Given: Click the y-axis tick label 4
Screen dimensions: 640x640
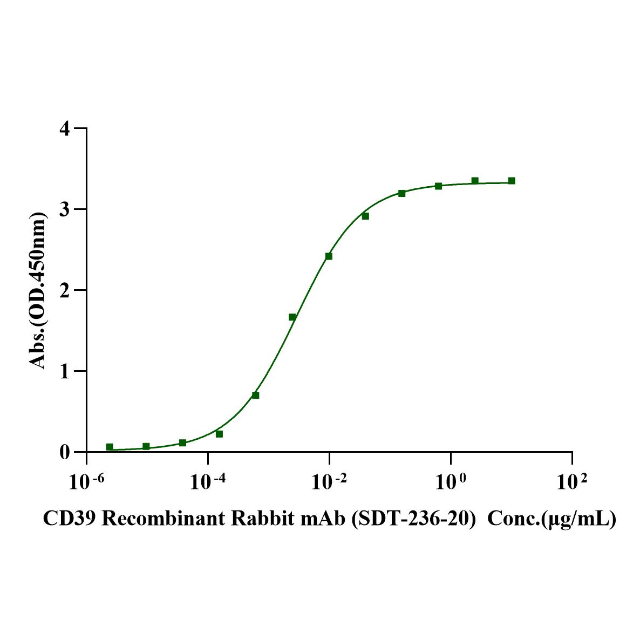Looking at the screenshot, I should click(65, 128).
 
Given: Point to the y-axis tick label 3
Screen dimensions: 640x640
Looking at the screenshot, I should click(65, 209).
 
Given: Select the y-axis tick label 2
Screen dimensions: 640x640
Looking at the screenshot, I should click(65, 290).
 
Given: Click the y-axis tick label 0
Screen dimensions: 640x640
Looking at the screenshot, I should click(65, 452).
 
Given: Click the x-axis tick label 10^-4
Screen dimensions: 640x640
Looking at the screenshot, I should click(207, 482).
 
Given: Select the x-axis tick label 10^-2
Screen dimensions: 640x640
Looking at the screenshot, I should click(328, 482).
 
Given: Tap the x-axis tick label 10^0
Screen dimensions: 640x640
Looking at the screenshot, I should click(450, 482).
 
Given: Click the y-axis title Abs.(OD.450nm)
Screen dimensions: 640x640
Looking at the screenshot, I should click(37, 291).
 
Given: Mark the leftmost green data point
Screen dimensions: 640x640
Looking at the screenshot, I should click(110, 447).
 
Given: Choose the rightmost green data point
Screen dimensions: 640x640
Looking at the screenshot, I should click(512, 181).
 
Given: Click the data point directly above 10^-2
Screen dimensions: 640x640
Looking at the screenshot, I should click(329, 256).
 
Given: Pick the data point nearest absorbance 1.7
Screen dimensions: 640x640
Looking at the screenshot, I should click(292, 317).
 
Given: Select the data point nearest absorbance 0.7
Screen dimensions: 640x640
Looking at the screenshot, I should click(256, 396).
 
